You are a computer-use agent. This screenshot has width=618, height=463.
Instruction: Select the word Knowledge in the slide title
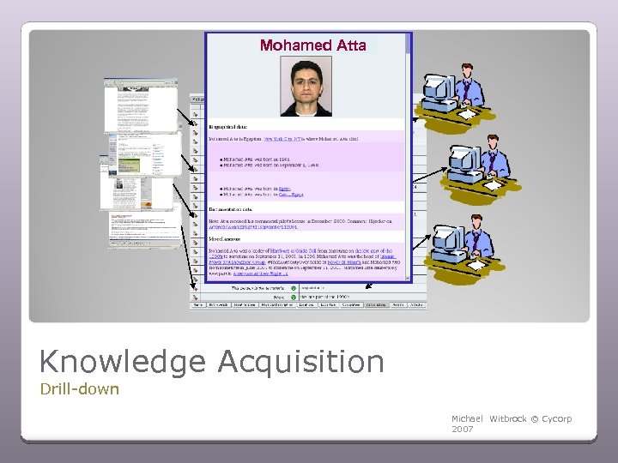[x=122, y=362]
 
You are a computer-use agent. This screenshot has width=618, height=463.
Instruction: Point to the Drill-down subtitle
[x=79, y=389]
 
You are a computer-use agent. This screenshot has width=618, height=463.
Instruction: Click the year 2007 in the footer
[x=462, y=428]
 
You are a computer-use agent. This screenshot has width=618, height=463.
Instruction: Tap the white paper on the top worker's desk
[x=469, y=114]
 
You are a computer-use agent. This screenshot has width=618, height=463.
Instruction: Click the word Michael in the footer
[x=467, y=418]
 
